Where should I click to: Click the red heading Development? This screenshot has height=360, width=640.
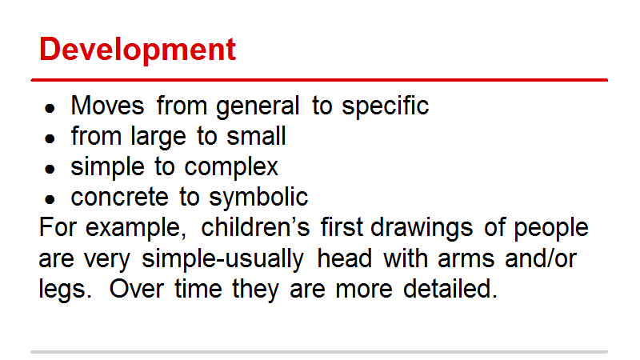(138, 50)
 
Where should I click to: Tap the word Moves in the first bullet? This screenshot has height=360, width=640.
(107, 106)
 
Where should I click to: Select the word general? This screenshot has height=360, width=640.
(258, 107)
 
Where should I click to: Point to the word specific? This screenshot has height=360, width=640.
(386, 107)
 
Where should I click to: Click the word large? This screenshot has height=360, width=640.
(158, 138)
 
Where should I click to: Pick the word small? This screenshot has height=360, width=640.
(256, 135)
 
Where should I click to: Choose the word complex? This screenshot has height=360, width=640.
(231, 168)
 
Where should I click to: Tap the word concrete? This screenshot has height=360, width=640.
(119, 197)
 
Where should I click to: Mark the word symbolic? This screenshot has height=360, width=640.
(258, 198)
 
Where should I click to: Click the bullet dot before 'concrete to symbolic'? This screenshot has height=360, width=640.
(50, 199)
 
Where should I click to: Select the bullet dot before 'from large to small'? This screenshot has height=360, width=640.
(50, 138)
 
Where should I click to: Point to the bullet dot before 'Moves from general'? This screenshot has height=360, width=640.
(50, 109)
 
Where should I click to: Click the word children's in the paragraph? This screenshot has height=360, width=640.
(255, 227)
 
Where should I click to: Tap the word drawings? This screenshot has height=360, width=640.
(422, 229)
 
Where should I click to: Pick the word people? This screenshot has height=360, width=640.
(551, 229)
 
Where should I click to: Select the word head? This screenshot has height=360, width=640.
(345, 258)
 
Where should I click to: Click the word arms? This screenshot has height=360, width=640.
(466, 259)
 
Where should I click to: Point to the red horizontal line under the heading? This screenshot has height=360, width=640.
(319, 80)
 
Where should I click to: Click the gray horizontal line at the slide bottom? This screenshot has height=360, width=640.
(319, 351)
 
